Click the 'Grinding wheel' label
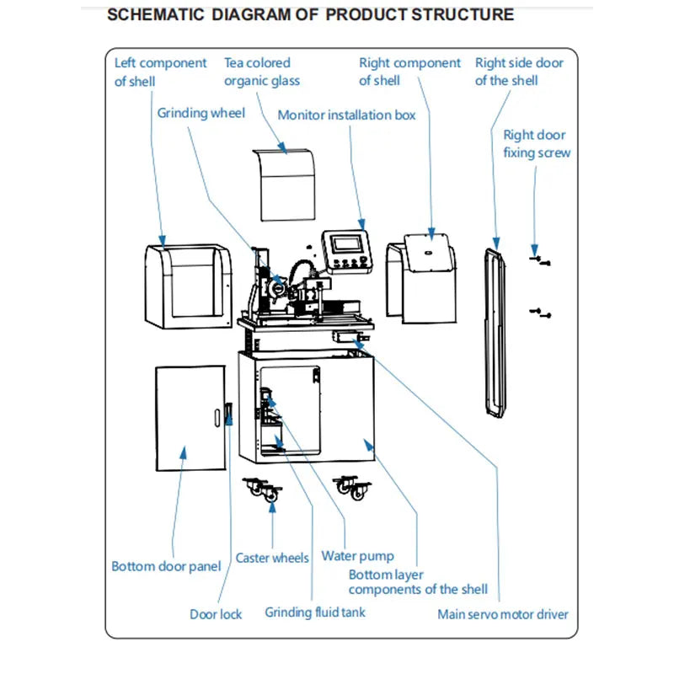201,113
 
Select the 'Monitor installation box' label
346,115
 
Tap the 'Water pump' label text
357,556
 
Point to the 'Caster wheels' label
272,558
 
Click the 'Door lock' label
216,614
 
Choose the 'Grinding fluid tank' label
315,612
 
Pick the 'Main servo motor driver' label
502,614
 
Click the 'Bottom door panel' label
166,566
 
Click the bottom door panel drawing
190,419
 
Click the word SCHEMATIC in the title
157,14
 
